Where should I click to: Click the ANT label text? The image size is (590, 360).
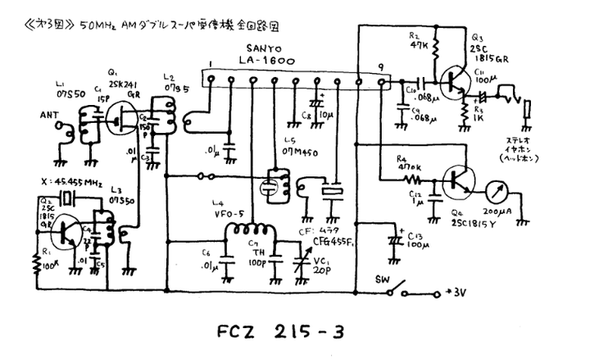click(51, 116)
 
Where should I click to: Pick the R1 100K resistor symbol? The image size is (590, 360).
click(36, 262)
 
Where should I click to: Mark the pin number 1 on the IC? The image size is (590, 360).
click(211, 64)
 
